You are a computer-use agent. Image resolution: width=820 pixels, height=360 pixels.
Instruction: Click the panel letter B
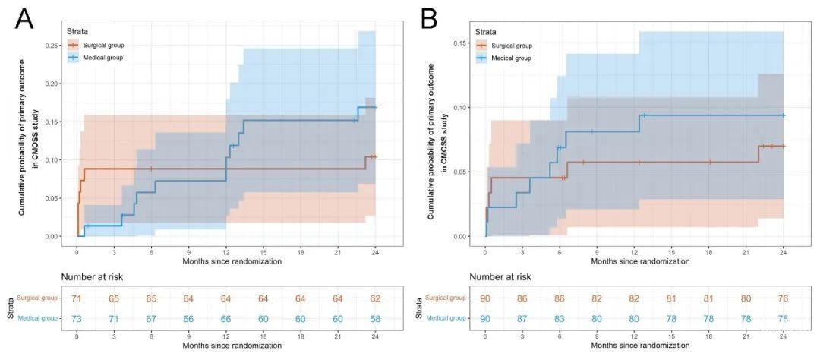click(x=429, y=18)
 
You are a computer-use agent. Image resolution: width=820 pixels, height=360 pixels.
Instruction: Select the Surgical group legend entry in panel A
click(x=103, y=45)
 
